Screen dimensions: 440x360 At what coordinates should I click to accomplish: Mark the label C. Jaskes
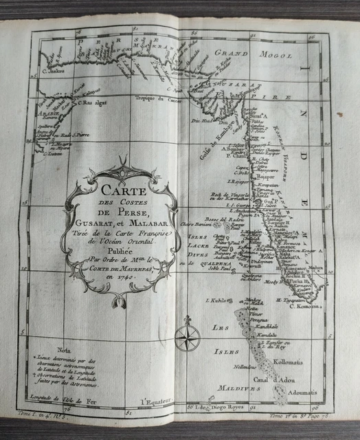point(44,68)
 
